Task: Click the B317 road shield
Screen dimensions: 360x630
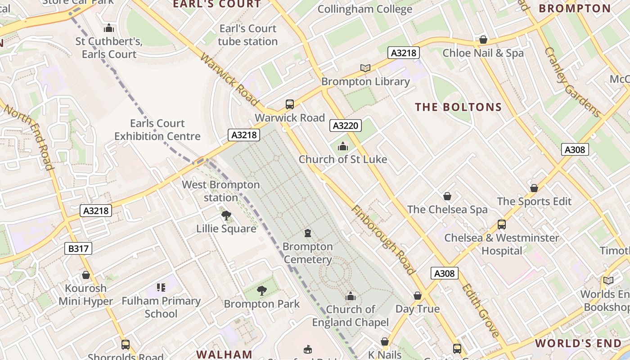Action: click(78, 248)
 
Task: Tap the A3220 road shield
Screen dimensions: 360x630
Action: click(346, 126)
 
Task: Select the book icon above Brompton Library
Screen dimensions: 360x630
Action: click(365, 68)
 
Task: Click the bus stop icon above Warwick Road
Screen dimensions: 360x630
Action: click(290, 104)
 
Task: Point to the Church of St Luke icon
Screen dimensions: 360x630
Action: click(343, 146)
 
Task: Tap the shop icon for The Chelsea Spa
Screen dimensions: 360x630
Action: click(447, 196)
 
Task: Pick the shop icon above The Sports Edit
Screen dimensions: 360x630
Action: click(534, 188)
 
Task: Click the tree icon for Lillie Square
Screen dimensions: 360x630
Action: click(226, 216)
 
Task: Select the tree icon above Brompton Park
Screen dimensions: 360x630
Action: click(261, 291)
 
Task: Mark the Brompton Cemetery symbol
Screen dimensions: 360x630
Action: click(308, 233)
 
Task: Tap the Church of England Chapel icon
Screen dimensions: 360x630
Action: click(351, 296)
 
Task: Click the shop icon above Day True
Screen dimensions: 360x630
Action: click(418, 296)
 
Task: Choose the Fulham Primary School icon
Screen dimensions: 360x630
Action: click(161, 288)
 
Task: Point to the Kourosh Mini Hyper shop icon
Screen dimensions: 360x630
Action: click(86, 275)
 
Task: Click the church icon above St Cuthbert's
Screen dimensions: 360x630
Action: click(109, 29)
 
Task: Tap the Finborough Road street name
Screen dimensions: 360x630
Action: click(382, 240)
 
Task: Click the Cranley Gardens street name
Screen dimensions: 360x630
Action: click(572, 82)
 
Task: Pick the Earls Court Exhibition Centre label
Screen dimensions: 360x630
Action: click(157, 130)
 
